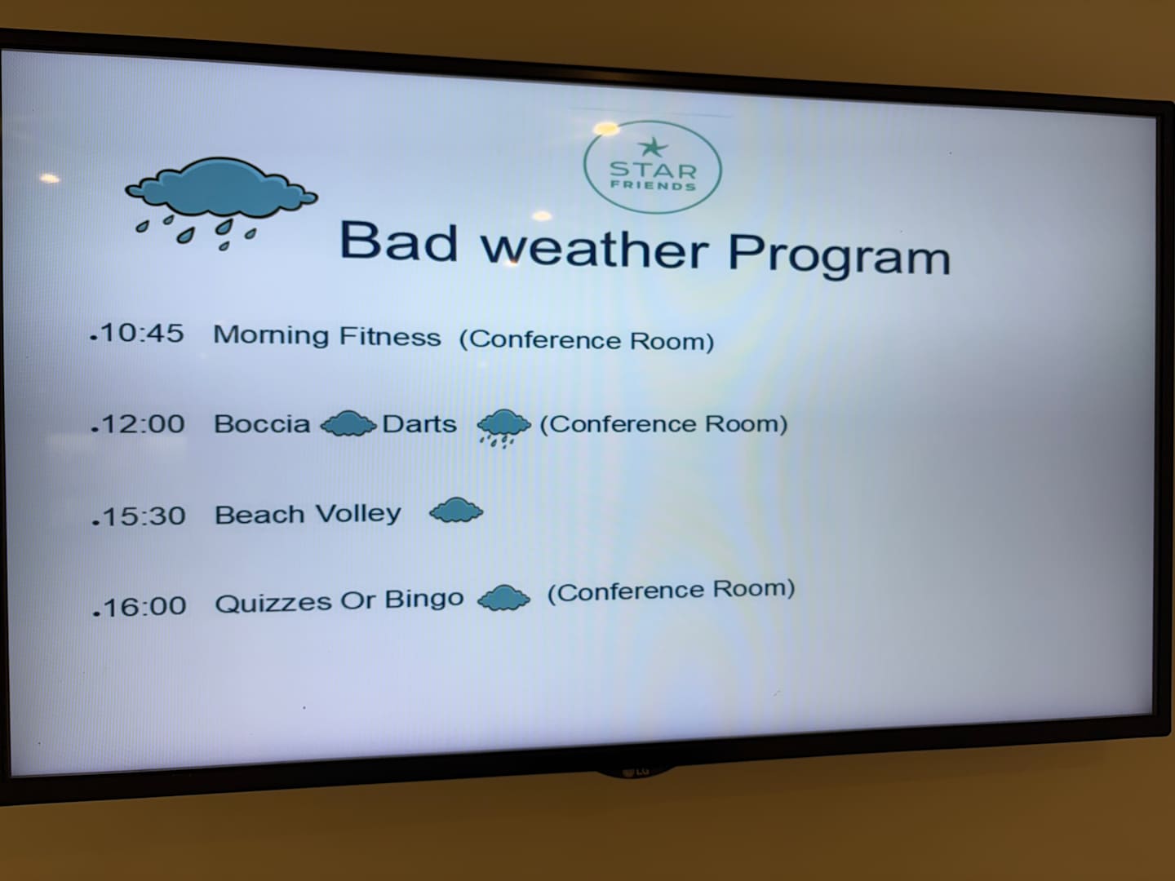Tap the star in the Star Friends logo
(x=653, y=147)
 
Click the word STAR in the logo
(x=653, y=170)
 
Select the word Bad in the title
(x=399, y=241)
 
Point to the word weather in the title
(x=595, y=248)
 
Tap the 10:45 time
(x=142, y=333)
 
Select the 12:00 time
(x=143, y=423)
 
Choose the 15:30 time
(x=144, y=516)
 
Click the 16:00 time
(x=145, y=607)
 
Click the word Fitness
(x=390, y=336)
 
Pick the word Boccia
(x=262, y=424)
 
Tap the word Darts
(x=419, y=424)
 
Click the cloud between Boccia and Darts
(x=348, y=423)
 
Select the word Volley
(x=358, y=514)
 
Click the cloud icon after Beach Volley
(x=456, y=510)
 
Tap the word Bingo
(x=424, y=599)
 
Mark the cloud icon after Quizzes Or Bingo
(x=503, y=597)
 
